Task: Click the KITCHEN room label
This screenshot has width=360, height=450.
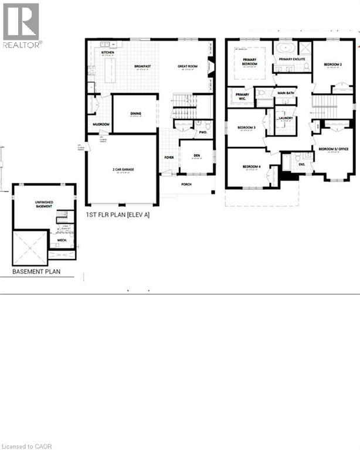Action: click(x=107, y=53)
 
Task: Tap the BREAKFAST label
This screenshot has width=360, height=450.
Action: click(x=142, y=67)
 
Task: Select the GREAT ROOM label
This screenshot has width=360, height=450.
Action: click(x=188, y=67)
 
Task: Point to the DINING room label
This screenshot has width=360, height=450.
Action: click(x=135, y=114)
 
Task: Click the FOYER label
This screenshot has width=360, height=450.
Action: click(x=169, y=158)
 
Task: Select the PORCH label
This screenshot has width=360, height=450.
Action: click(x=186, y=183)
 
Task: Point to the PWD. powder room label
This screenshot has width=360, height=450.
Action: click(x=203, y=132)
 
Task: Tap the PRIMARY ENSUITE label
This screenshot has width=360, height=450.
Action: click(x=294, y=59)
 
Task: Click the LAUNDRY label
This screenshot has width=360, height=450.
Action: click(x=286, y=118)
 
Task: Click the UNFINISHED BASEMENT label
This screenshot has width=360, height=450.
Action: click(x=44, y=204)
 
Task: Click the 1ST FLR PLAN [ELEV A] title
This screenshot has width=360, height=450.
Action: click(x=117, y=215)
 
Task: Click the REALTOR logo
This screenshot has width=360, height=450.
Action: click(x=22, y=26)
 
